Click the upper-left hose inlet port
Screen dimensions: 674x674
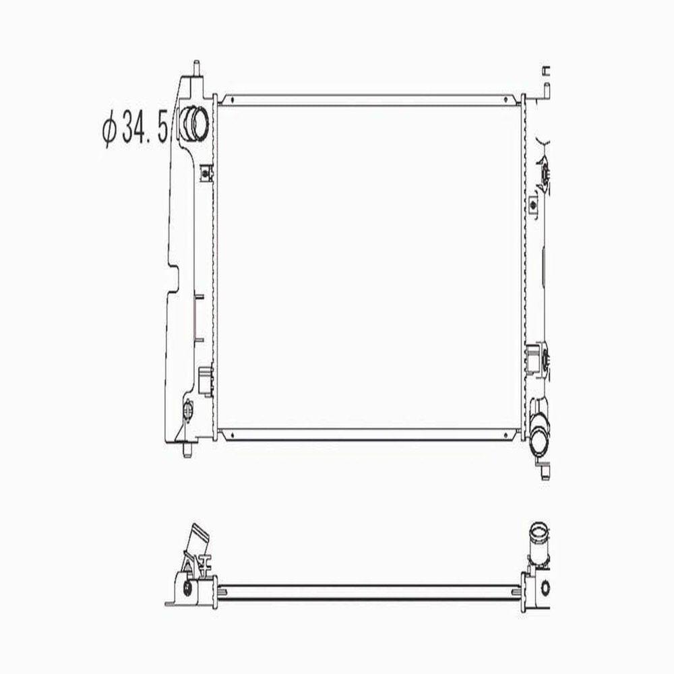pos(196,123)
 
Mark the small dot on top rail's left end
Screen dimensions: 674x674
pos(231,100)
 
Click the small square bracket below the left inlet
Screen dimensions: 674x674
pos(206,173)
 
